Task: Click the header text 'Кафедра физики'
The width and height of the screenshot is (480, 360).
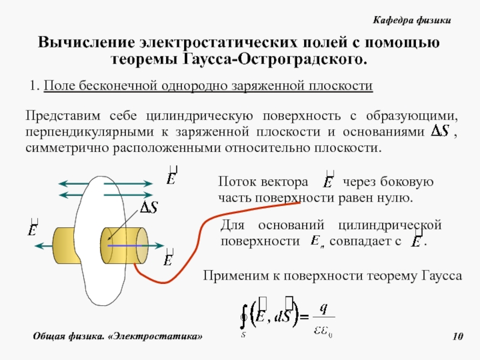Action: coord(411,20)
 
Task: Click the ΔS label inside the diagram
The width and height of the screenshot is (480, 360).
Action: coord(149,208)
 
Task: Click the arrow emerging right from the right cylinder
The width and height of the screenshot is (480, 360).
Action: coord(155,245)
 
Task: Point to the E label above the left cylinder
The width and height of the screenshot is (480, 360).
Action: coord(33,228)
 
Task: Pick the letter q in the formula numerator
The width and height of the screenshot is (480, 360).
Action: coord(323,308)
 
